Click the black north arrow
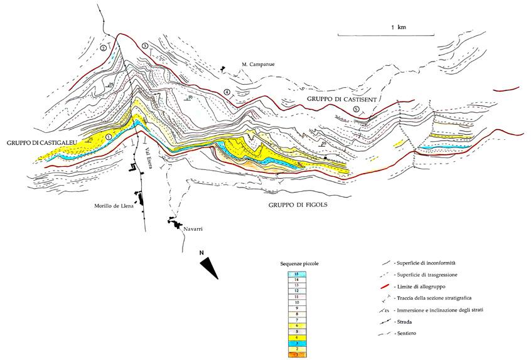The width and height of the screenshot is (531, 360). coord(208,265)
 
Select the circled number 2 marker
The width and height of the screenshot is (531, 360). coord(103,48)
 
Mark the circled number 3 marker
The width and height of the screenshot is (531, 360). coord(145,46)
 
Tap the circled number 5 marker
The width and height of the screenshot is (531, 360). coord(356,110)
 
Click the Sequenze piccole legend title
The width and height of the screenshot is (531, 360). coord(301,264)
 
